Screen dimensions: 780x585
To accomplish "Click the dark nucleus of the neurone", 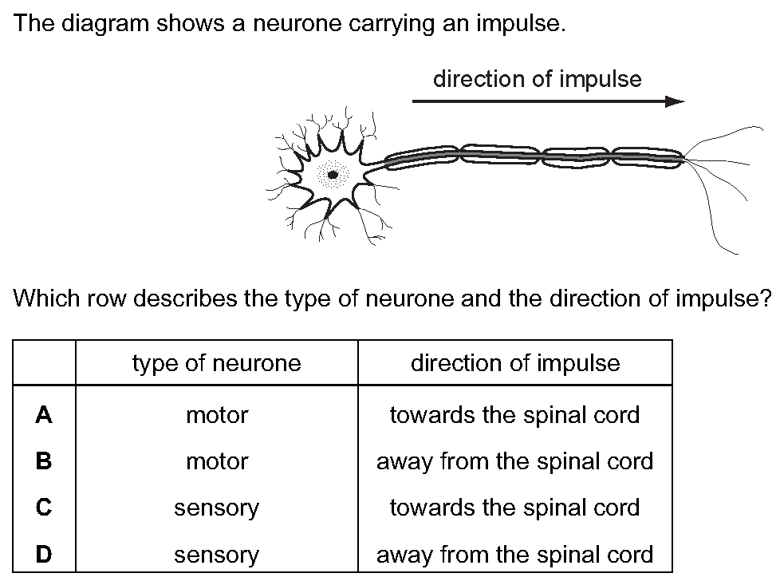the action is click(x=333, y=175).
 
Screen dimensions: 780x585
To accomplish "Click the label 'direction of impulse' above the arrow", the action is click(x=538, y=79).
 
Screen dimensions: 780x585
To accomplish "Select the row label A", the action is click(x=44, y=414).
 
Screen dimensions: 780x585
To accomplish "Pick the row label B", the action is click(x=44, y=461).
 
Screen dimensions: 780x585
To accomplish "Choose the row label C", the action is click(x=44, y=508).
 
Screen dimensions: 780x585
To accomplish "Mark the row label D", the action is click(x=44, y=554).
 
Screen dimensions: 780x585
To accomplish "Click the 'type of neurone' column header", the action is click(x=217, y=363).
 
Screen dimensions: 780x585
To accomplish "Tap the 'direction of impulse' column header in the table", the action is click(x=515, y=363).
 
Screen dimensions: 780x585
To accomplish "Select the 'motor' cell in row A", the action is click(x=217, y=415).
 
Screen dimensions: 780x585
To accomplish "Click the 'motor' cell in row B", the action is click(x=217, y=461).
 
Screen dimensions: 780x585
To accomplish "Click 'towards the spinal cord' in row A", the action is click(x=515, y=415).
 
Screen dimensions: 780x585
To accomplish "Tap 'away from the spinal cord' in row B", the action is click(x=515, y=462).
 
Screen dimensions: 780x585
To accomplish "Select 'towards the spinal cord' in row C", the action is click(x=515, y=508).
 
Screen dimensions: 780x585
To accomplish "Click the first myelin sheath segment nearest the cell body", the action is click(x=421, y=158).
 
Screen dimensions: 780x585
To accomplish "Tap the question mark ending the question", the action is click(x=766, y=298).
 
